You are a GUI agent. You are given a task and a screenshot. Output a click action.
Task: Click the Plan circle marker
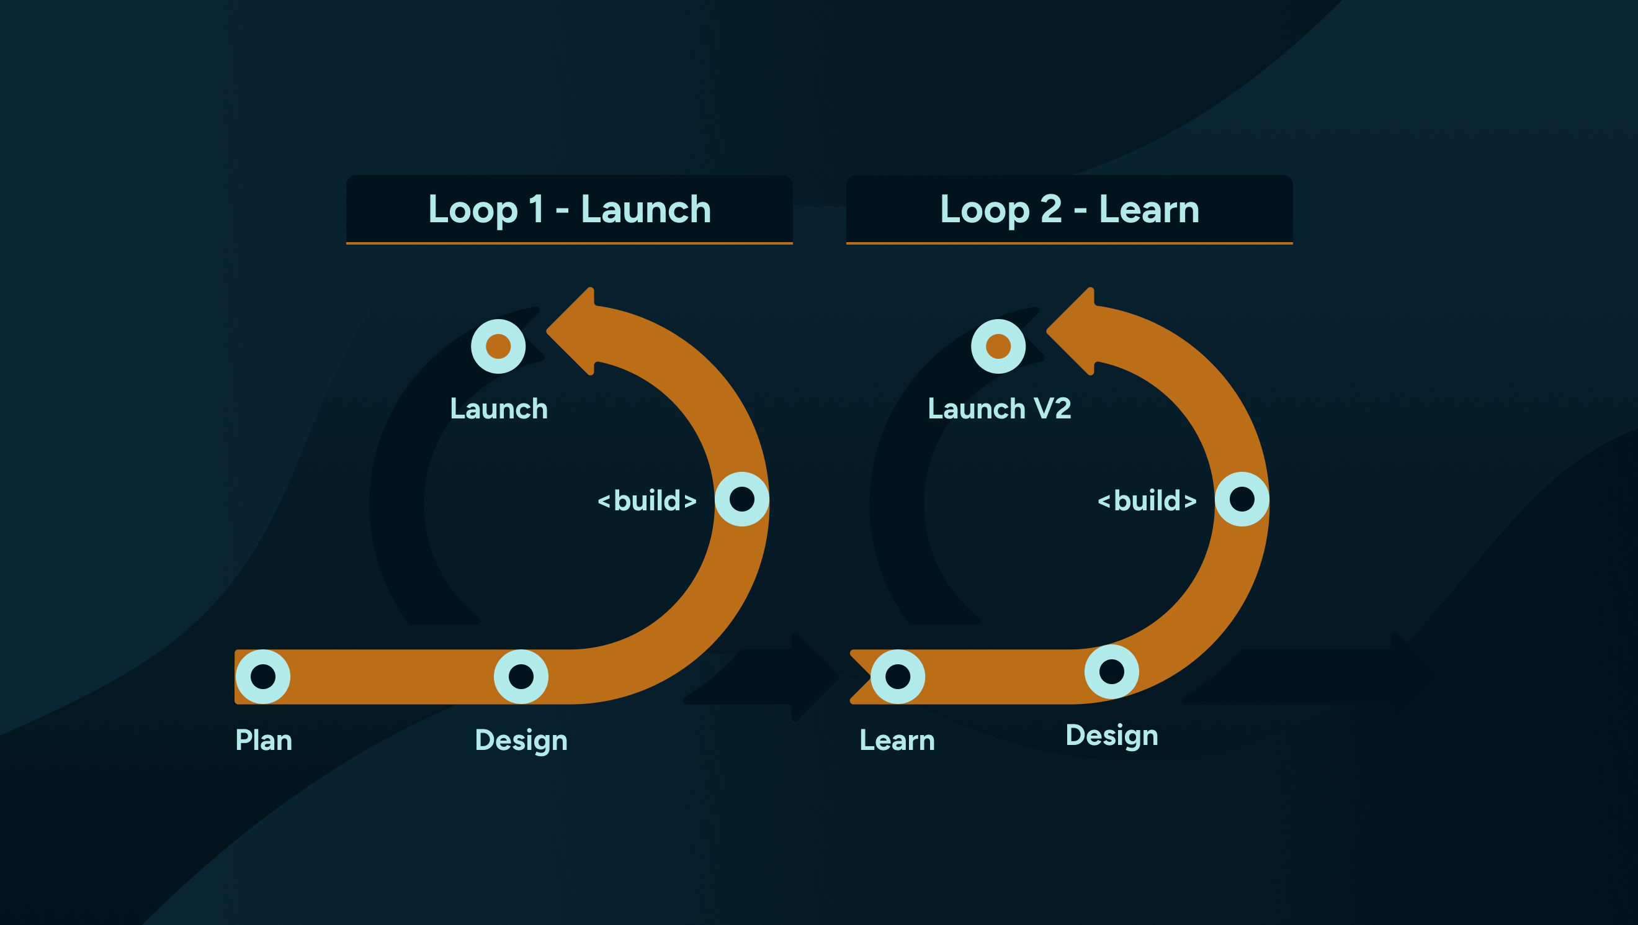click(x=262, y=676)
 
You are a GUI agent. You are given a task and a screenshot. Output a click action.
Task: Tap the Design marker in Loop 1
click(x=521, y=676)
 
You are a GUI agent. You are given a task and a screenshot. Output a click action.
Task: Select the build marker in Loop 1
click(x=741, y=499)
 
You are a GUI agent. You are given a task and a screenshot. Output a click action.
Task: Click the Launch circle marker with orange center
click(x=498, y=346)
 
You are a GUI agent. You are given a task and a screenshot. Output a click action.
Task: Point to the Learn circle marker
click(x=897, y=676)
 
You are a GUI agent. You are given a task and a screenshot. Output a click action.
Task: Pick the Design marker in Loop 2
click(x=1111, y=671)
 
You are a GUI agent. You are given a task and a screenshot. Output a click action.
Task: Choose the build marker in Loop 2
click(x=1242, y=499)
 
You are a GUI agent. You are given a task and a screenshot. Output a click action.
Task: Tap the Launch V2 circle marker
click(x=998, y=346)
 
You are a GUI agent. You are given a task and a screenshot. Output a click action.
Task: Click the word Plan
click(x=263, y=741)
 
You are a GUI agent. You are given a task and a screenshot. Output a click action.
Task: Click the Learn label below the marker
click(x=897, y=741)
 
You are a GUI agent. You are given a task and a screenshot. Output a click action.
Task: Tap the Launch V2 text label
click(x=999, y=408)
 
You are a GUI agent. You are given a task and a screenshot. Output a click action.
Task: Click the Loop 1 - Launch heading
click(x=569, y=209)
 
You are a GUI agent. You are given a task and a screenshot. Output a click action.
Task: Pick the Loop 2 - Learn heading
click(x=1070, y=209)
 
